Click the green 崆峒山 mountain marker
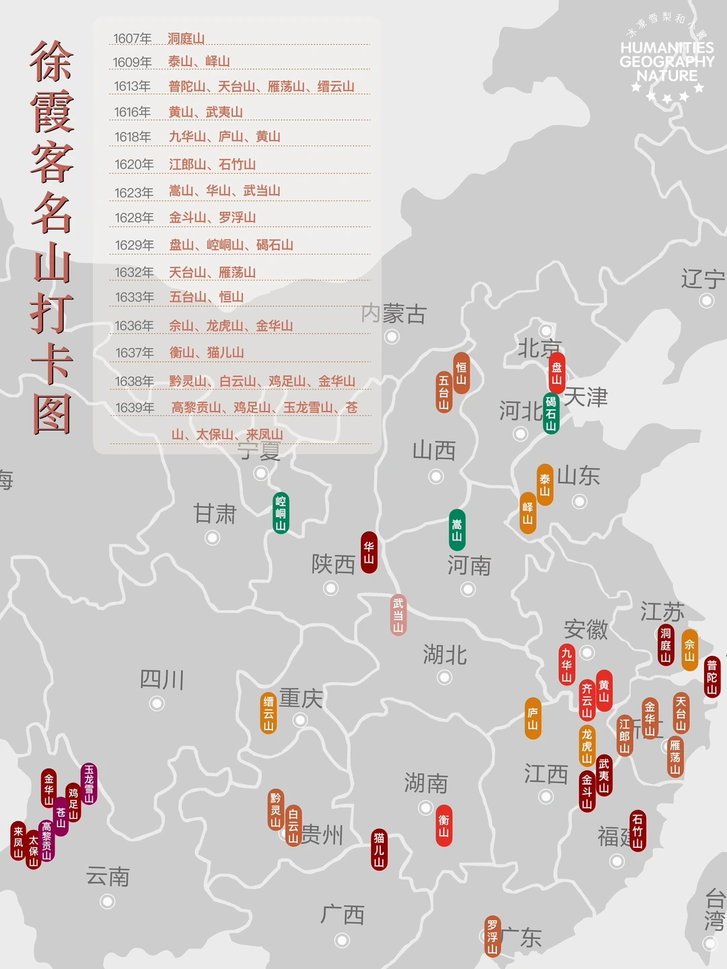point(281,513)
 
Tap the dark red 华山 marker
point(369,552)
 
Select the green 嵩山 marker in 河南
point(457,530)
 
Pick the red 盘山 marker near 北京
point(557,373)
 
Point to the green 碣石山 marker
point(551,413)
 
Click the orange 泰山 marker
point(545,485)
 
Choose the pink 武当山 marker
point(399,615)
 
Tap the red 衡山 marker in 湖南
point(444,826)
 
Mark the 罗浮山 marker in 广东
point(493,936)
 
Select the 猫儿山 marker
point(380,849)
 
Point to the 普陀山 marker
point(712,677)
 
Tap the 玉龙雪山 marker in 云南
point(89,783)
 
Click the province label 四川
point(162,680)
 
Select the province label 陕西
point(333,564)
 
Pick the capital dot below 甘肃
point(213,538)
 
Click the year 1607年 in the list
point(133,39)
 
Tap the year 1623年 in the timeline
point(134,193)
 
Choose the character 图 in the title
point(52,414)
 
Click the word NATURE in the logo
point(667,76)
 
